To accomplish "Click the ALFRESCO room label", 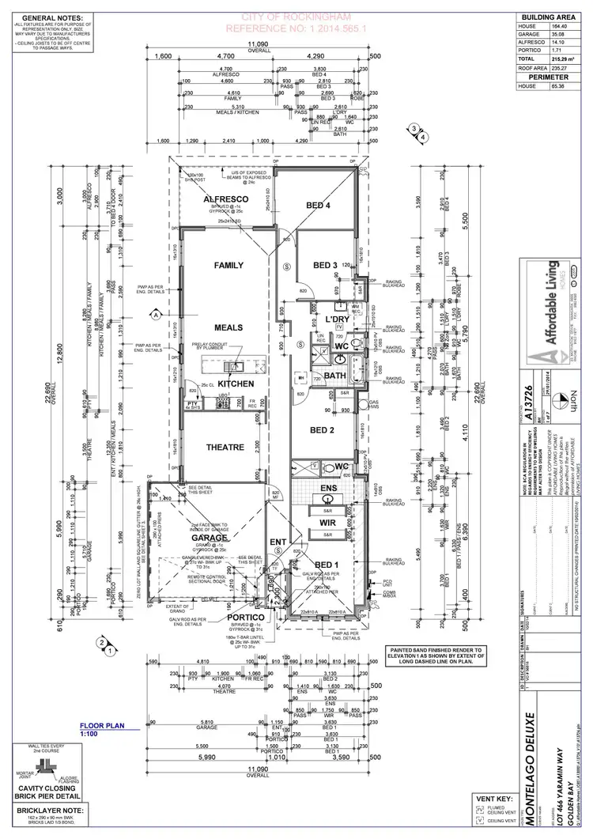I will click(227, 199).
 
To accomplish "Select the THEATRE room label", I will click(225, 448).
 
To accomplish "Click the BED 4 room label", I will click(318, 206).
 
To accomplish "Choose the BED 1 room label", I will click(326, 562).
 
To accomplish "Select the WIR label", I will click(329, 523).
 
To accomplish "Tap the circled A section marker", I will click(156, 315).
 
